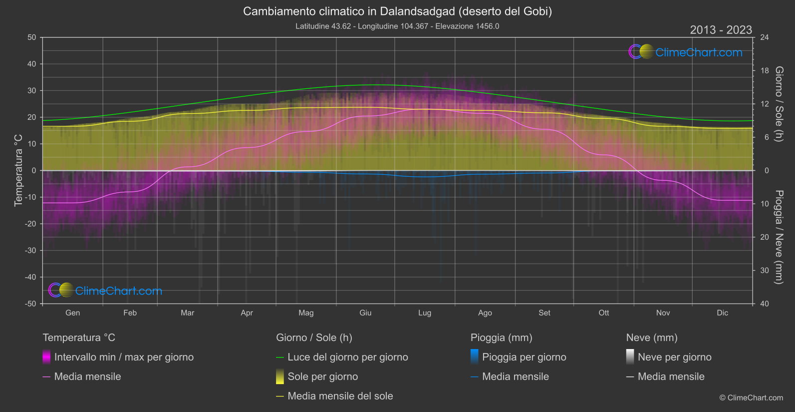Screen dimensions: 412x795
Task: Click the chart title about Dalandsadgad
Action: coord(397,11)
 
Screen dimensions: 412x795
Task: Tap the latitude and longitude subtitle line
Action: coord(397,26)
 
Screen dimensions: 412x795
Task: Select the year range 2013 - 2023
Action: coord(721,30)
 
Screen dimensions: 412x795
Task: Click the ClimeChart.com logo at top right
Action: coord(686,52)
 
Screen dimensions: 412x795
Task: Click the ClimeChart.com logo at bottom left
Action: coord(105,291)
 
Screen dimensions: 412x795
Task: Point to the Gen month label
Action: coord(73,313)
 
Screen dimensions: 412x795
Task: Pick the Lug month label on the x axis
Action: coord(425,313)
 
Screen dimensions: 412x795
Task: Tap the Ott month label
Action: coord(604,313)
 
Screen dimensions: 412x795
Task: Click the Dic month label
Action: coord(723,313)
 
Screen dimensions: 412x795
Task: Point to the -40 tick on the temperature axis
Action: coord(31,277)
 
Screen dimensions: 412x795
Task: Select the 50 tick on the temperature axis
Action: coord(32,37)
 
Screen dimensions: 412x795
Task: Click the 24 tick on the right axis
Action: coord(765,37)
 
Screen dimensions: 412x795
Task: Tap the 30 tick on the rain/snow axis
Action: coord(765,270)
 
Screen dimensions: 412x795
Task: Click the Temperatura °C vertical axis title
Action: coord(18,170)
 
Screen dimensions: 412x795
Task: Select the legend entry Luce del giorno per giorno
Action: coord(348,357)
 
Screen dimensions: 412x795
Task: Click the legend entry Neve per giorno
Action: coord(674,357)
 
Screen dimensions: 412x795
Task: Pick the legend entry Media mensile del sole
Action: coord(340,396)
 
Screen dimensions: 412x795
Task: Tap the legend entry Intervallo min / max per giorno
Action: coord(124,357)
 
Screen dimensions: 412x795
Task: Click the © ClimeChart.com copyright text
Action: coord(751,398)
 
